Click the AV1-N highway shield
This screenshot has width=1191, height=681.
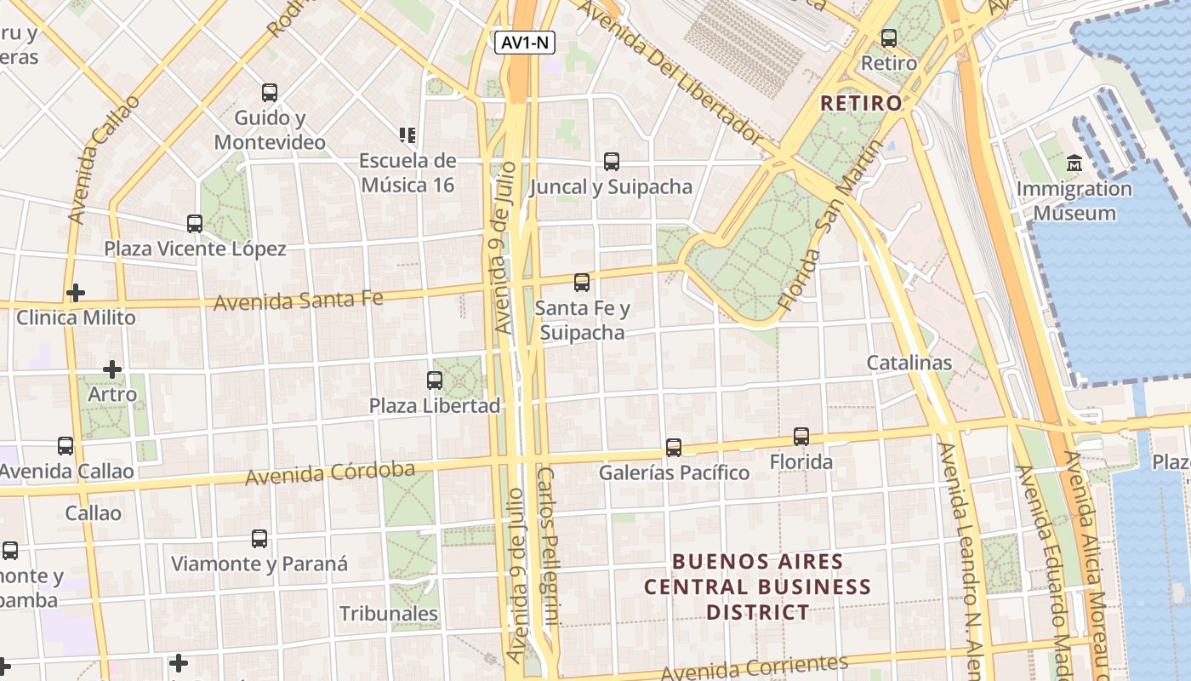click(525, 43)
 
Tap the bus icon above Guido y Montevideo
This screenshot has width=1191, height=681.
click(270, 93)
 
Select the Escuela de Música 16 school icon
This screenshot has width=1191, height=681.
click(407, 134)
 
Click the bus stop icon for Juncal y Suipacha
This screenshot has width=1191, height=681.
click(611, 161)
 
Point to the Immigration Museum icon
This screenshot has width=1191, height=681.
click(1074, 163)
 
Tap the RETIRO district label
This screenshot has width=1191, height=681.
click(861, 103)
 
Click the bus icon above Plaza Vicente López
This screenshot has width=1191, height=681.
click(195, 224)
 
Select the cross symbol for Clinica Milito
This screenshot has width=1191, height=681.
click(76, 293)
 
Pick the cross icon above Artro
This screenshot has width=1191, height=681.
click(111, 369)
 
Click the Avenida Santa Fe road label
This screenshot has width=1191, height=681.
click(298, 300)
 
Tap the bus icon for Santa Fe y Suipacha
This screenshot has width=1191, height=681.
click(582, 283)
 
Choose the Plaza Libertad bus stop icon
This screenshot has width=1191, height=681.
click(435, 380)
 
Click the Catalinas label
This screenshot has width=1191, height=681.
click(909, 363)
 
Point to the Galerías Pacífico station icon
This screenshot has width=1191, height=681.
click(674, 447)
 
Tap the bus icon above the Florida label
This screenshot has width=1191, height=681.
click(801, 437)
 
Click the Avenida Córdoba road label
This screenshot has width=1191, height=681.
click(330, 473)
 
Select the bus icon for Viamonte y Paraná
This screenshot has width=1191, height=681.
click(259, 539)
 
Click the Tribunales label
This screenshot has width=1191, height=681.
click(389, 613)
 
